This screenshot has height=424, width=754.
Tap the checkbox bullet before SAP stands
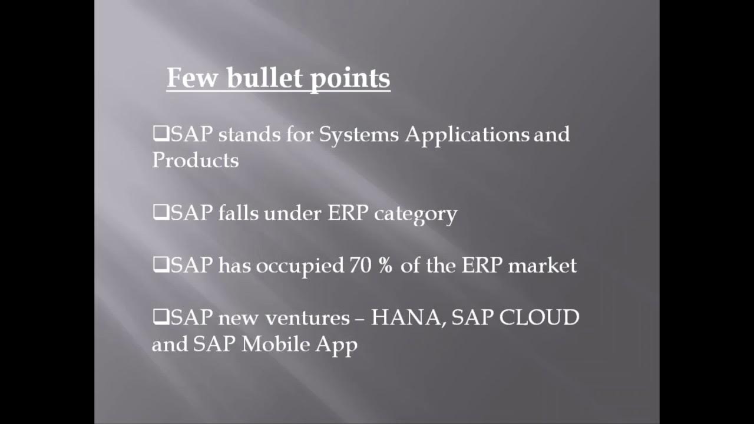(x=160, y=135)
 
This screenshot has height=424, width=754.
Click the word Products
(x=195, y=160)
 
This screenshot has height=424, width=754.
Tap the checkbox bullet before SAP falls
(x=160, y=213)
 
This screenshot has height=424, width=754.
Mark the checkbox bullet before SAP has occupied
(x=160, y=266)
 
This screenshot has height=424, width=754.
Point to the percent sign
(x=385, y=266)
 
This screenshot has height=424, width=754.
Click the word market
(x=542, y=266)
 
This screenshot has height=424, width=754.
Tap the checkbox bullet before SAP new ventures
(x=160, y=318)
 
